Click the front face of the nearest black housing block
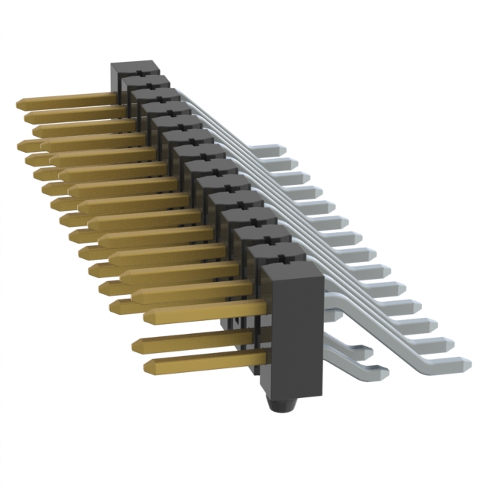coord(288,336)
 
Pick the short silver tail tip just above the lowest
coord(368,353)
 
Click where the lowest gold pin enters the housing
coord(252,358)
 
